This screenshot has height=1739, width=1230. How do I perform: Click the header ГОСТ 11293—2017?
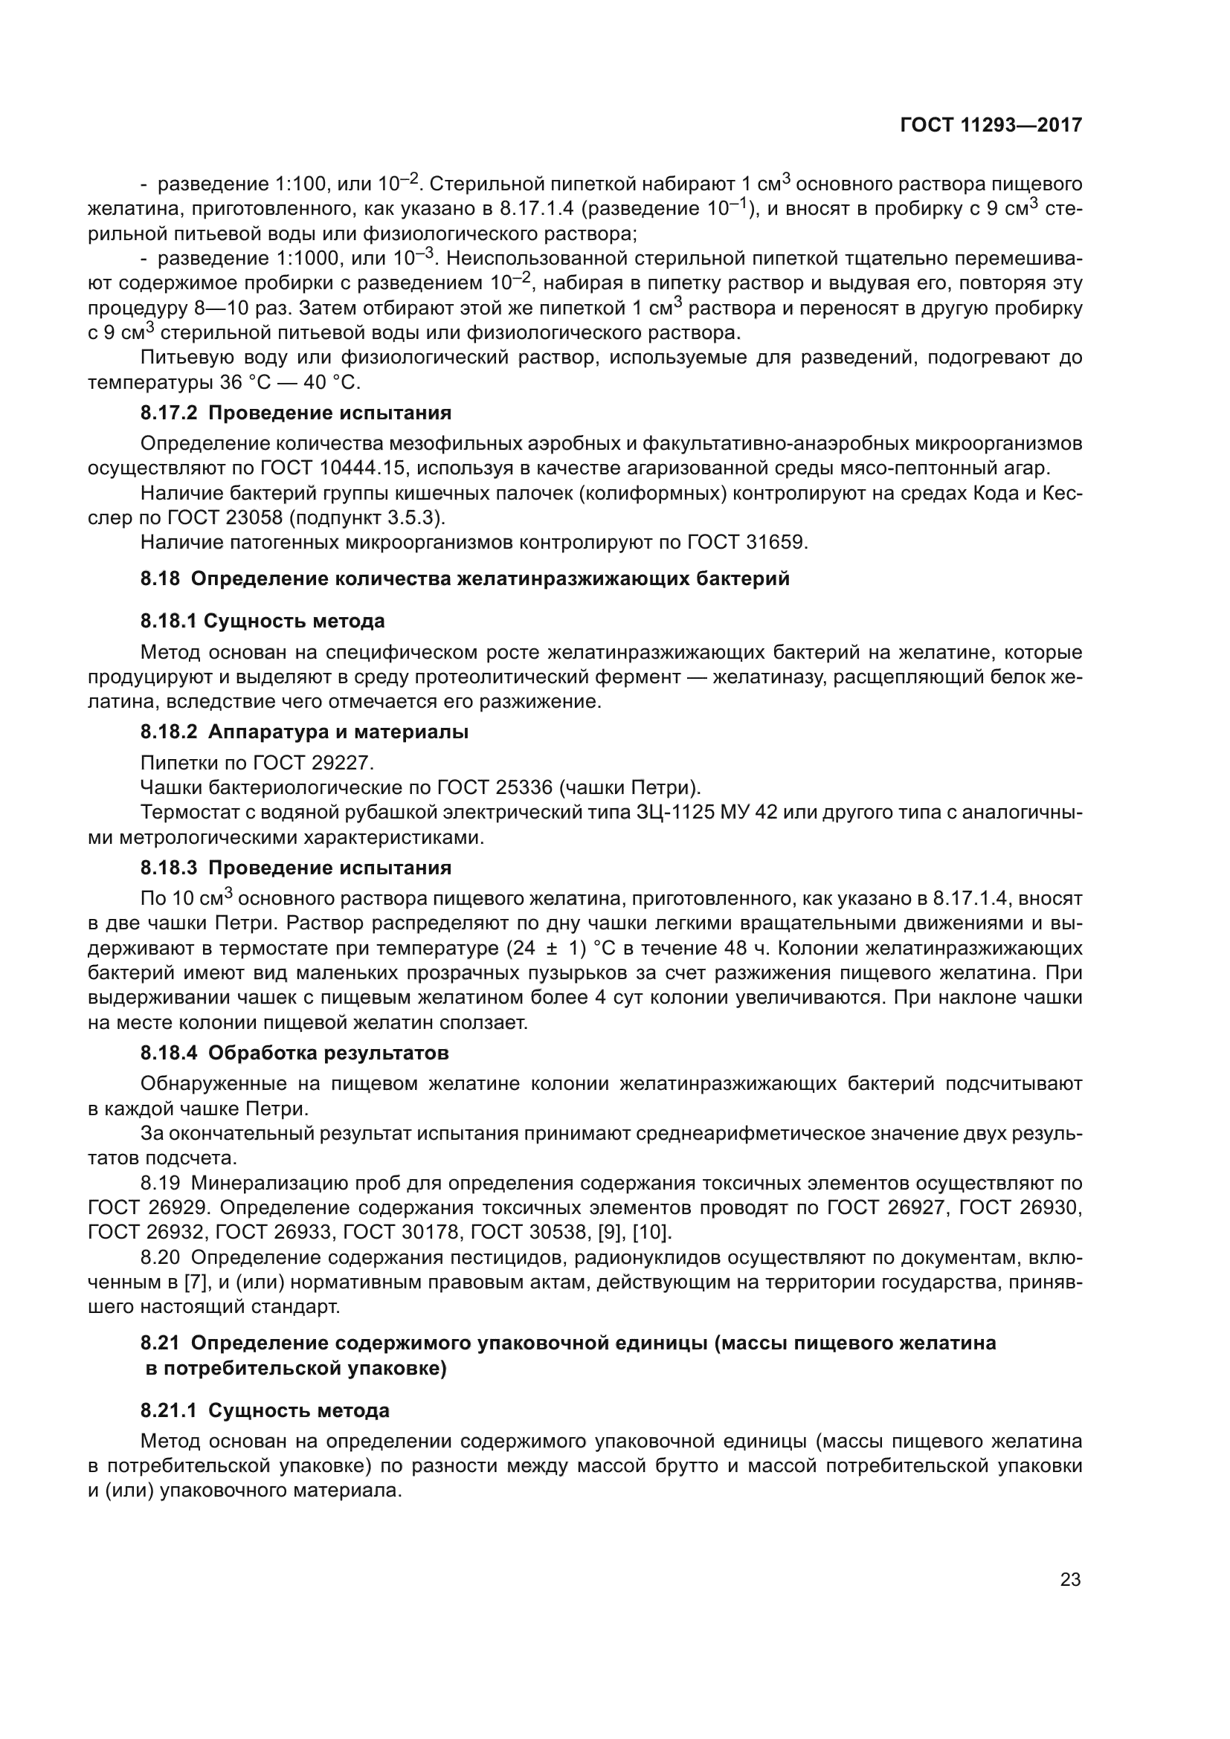991,125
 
